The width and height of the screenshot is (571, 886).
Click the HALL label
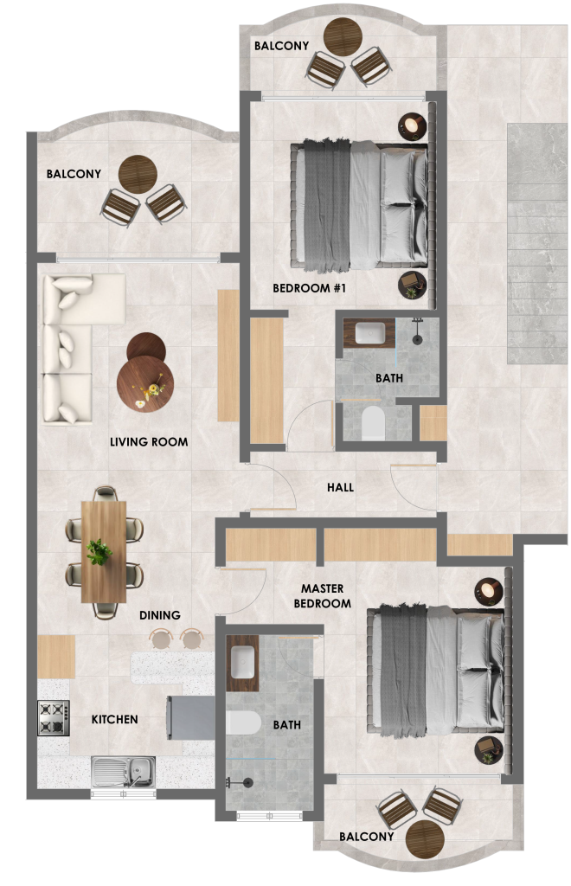(x=340, y=487)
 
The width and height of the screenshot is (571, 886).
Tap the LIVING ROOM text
(x=149, y=442)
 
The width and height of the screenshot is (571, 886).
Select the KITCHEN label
(x=115, y=719)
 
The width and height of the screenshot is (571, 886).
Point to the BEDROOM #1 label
(x=309, y=288)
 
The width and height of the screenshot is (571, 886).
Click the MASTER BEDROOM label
(x=323, y=596)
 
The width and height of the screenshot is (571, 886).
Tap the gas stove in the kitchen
(x=54, y=718)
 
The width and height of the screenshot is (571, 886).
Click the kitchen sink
(x=123, y=772)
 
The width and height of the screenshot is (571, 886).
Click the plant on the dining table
(x=99, y=551)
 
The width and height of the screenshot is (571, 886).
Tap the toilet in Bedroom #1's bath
(x=373, y=422)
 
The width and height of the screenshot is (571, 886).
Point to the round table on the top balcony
(x=343, y=36)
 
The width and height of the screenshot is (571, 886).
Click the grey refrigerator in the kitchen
(x=190, y=717)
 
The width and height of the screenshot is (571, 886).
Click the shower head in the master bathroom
(x=247, y=782)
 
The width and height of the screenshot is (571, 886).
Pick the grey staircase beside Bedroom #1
(x=536, y=243)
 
